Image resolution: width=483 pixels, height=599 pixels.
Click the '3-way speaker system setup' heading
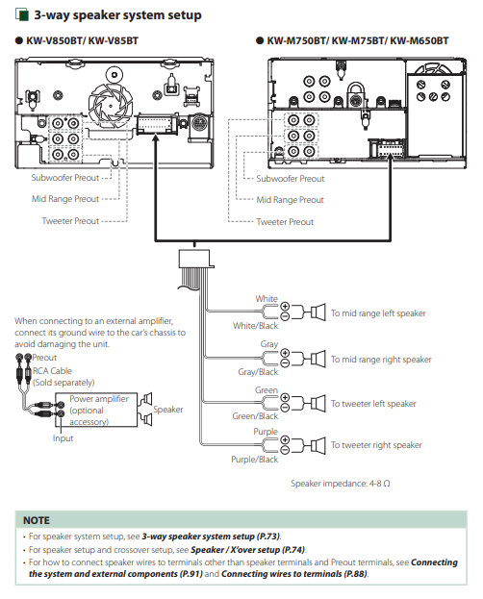click(117, 15)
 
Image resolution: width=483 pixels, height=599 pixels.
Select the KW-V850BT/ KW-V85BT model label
click(82, 41)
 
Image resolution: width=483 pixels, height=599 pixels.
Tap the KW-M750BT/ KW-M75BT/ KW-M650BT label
click(358, 41)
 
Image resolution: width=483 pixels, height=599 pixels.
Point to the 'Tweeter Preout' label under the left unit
click(70, 221)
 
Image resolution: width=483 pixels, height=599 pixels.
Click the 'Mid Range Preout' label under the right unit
click(290, 200)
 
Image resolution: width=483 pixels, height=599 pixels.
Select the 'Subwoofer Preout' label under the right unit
click(291, 179)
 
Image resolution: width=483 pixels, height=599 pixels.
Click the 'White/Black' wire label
click(256, 326)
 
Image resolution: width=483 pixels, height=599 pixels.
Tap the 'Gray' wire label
click(269, 344)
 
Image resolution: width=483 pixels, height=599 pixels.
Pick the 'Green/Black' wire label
click(255, 416)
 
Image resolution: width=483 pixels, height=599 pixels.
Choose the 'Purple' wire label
click(266, 432)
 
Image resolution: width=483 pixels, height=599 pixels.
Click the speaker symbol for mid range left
click(318, 312)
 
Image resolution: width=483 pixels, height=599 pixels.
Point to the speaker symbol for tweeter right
click(318, 446)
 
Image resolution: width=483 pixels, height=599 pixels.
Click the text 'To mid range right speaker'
click(381, 360)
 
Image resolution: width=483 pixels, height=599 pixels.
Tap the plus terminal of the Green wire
click(285, 398)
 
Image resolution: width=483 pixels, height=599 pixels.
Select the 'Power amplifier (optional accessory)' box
click(96, 410)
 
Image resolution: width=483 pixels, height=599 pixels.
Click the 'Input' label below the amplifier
click(63, 438)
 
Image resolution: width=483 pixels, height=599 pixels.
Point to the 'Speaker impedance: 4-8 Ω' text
click(341, 484)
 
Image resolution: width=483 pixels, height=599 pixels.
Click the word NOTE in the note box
click(37, 521)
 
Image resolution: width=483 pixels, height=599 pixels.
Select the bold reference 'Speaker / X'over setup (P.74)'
click(248, 550)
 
